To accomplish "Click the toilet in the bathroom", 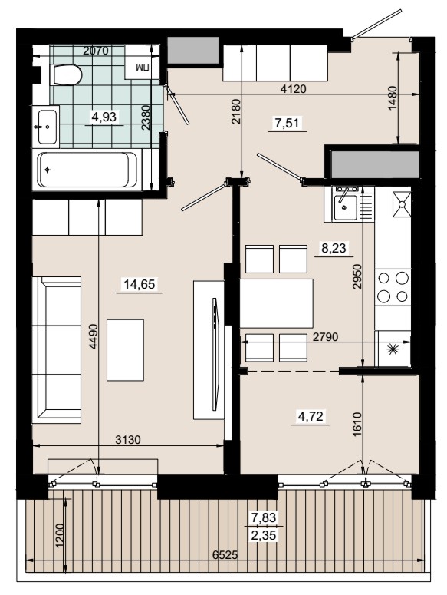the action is (x=65, y=74).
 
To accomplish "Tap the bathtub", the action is (x=87, y=170).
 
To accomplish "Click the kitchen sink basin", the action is (x=345, y=207).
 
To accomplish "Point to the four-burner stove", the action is (x=393, y=287).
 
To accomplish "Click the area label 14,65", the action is (x=140, y=284).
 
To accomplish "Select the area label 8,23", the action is (x=334, y=248).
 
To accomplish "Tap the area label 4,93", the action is (x=104, y=117).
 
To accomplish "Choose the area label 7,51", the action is (x=287, y=123).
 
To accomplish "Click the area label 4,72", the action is (x=311, y=416).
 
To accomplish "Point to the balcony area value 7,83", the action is (x=264, y=517).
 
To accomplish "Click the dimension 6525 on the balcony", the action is (x=225, y=555).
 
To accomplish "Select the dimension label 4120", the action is (x=293, y=89).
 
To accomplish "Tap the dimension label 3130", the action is (x=128, y=439).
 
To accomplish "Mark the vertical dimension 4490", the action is (x=93, y=336).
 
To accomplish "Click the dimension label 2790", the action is (x=325, y=336).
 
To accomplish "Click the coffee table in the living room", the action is (x=126, y=350).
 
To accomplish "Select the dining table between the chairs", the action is (x=277, y=303).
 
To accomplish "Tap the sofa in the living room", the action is (x=57, y=349).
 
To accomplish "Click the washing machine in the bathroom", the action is (x=142, y=62).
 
